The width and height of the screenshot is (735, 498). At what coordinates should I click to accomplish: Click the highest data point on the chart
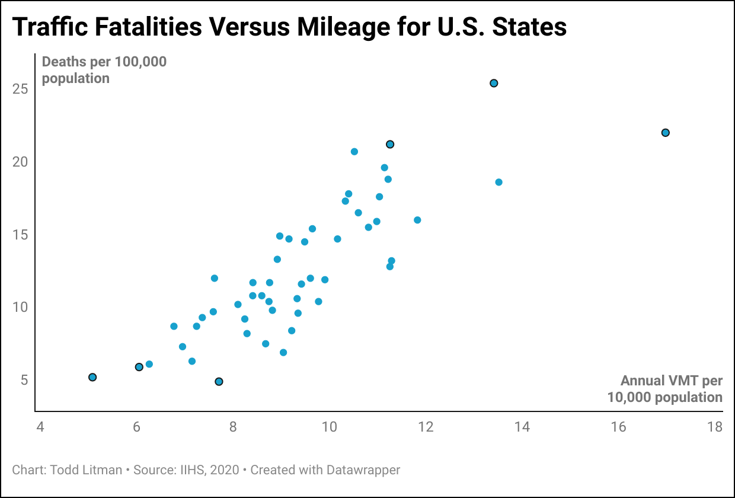(x=493, y=83)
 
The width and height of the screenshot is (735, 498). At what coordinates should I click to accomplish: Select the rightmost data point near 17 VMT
(x=665, y=132)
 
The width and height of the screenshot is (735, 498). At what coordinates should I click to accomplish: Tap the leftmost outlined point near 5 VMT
(x=92, y=377)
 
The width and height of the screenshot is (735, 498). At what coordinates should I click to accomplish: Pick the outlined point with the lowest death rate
(x=219, y=381)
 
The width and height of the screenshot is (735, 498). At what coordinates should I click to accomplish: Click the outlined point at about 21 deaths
(x=390, y=144)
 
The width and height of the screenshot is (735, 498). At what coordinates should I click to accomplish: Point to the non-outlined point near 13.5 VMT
(x=498, y=182)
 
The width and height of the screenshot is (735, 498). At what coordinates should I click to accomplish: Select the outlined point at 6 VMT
(x=139, y=367)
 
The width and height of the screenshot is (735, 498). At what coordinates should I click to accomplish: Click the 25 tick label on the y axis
(x=20, y=89)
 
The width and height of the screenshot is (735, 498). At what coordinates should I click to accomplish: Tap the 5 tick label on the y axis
(x=24, y=380)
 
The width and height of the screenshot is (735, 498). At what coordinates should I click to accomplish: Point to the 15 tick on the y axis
(x=20, y=235)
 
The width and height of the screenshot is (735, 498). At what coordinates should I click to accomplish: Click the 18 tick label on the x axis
(x=715, y=427)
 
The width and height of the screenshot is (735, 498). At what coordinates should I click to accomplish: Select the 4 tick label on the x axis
(x=40, y=427)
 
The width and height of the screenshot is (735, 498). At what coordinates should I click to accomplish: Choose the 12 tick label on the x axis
(x=425, y=427)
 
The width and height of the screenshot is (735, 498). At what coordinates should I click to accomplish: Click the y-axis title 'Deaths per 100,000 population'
(x=104, y=70)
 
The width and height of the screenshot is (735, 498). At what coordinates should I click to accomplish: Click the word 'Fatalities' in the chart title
(x=152, y=27)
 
